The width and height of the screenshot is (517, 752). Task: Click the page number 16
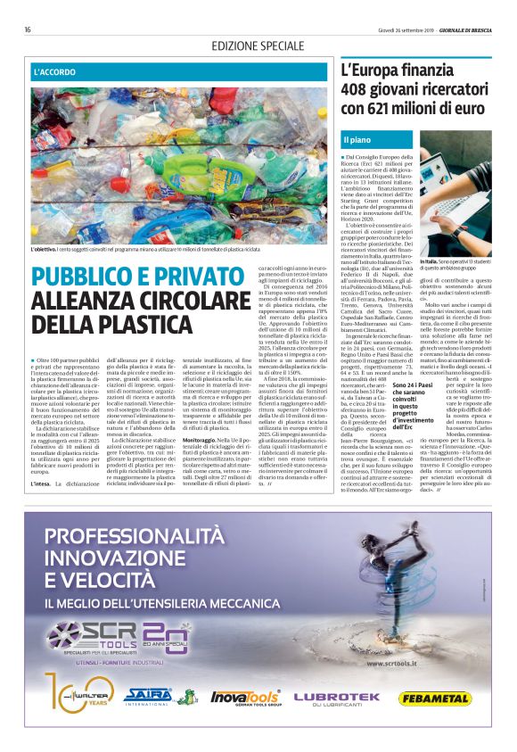pos(28,29)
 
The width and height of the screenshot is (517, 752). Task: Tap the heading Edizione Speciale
pos(258,45)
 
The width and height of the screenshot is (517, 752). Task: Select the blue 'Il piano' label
pos(359,138)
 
